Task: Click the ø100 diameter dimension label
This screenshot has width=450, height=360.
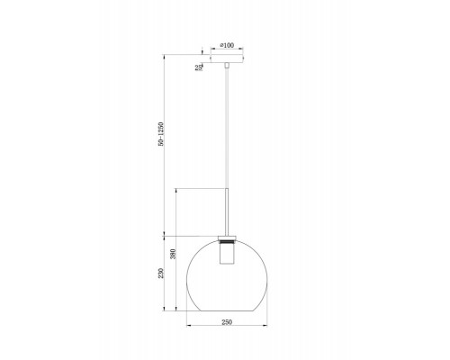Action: coord(227,45)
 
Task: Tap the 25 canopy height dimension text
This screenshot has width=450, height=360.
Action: coord(198,67)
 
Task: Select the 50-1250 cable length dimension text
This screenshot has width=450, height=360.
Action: coord(161,134)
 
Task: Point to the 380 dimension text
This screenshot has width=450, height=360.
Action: coord(173,254)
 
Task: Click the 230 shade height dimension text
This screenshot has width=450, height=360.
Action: coord(161,273)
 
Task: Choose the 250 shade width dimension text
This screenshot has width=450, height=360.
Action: coord(227,322)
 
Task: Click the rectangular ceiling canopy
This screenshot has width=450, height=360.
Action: coord(227,58)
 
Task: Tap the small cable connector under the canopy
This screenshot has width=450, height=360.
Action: coord(227,66)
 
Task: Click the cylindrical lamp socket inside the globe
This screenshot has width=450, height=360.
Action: coord(227,254)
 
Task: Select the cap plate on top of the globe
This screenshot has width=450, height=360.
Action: coord(227,238)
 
